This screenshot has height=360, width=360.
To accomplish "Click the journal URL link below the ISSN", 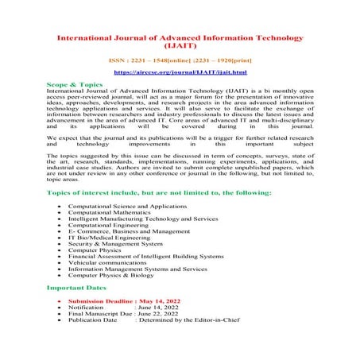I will point(180,72).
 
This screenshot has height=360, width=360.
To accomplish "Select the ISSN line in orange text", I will point(180,59).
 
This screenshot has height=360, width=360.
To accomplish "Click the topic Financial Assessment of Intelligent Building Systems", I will point(146,256).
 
